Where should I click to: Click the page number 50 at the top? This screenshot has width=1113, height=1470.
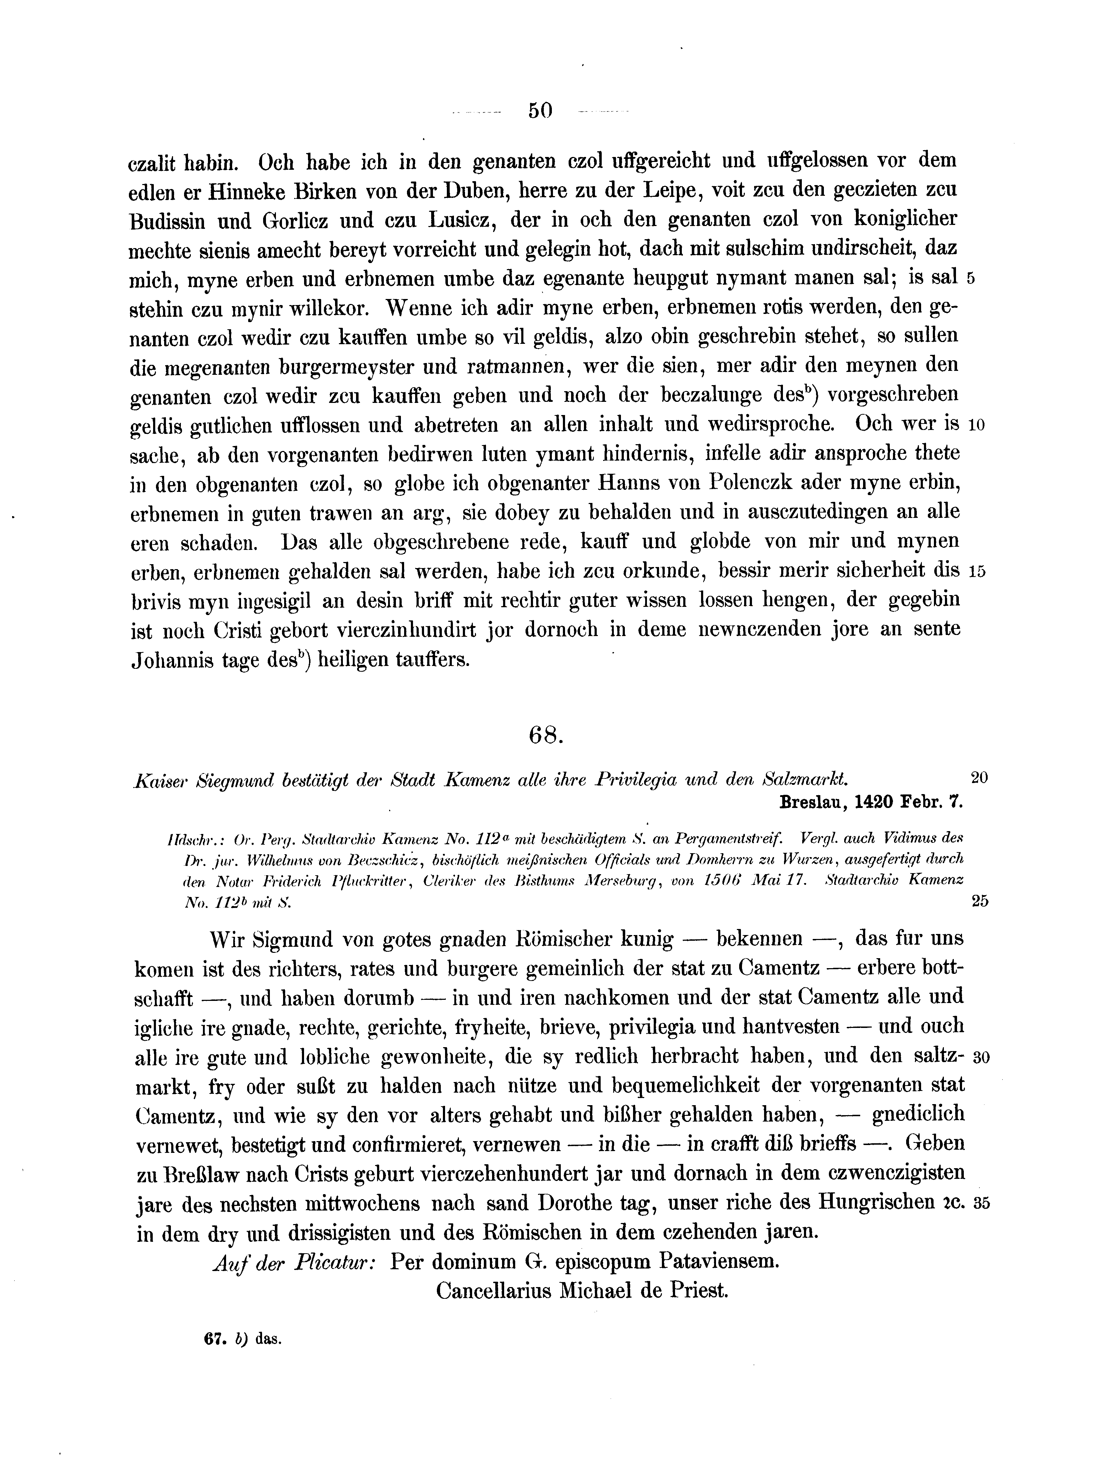coord(540,110)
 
